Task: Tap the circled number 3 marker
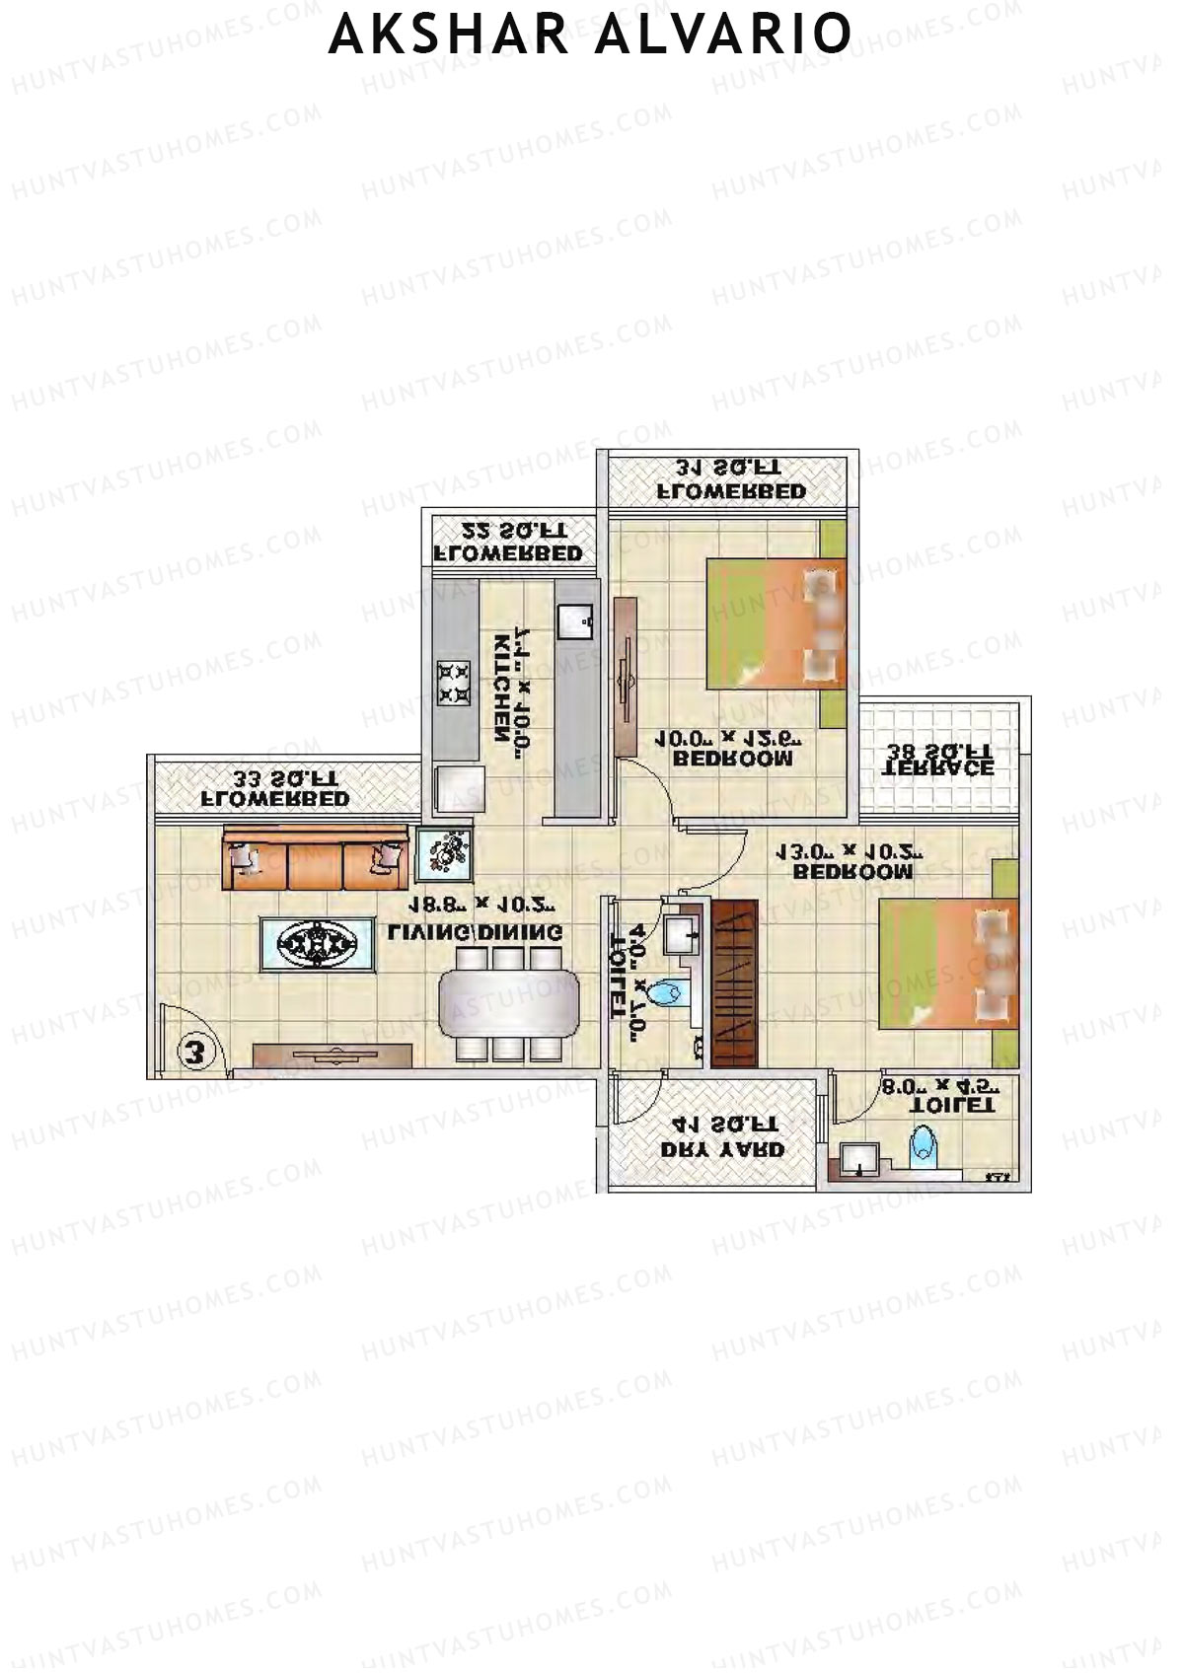(x=194, y=1052)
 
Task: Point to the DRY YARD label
(x=722, y=1149)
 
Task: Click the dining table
(x=509, y=1002)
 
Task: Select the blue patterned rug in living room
(x=317, y=945)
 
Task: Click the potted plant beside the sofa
(x=444, y=853)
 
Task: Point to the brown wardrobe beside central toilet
(x=735, y=983)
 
